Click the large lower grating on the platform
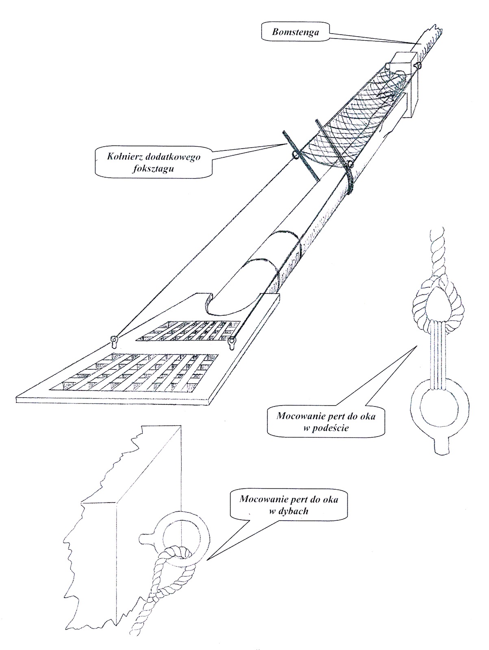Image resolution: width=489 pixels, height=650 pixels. point(140,372)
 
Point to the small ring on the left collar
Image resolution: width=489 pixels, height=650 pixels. point(294,155)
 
